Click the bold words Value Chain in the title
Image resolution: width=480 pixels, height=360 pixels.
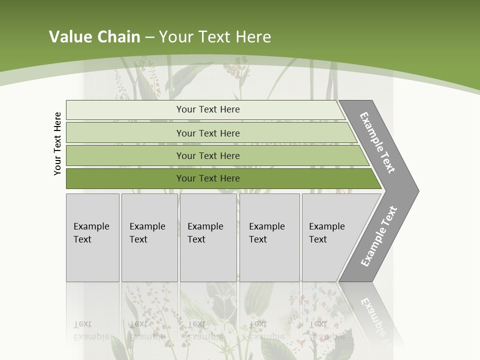tap(94, 37)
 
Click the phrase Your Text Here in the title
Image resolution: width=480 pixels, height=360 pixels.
tap(215, 37)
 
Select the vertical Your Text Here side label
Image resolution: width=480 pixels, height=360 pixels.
tap(58, 144)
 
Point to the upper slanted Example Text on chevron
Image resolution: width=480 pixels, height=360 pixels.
tap(377, 142)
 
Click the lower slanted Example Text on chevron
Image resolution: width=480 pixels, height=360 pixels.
tap(378, 236)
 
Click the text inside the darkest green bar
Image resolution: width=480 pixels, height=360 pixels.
tap(208, 178)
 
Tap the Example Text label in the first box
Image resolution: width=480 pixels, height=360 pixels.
tap(91, 233)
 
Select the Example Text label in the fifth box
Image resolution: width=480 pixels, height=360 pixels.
tap(326, 233)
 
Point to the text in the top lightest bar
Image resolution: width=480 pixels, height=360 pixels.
tap(208, 109)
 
